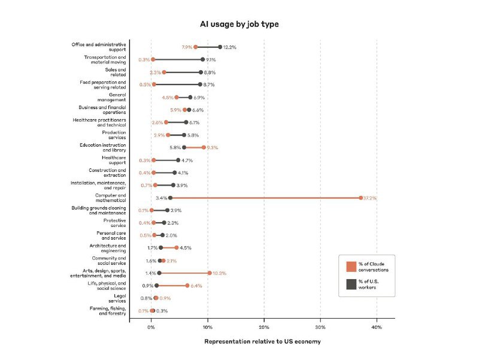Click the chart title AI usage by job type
239,24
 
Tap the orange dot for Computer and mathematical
360,198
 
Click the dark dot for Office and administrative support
220,47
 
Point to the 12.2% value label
231,47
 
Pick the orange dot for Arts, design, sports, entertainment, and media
210,273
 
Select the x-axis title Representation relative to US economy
262,341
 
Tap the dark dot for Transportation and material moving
202,59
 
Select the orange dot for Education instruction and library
204,147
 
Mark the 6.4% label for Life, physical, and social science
196,286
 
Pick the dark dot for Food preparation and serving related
201,84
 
